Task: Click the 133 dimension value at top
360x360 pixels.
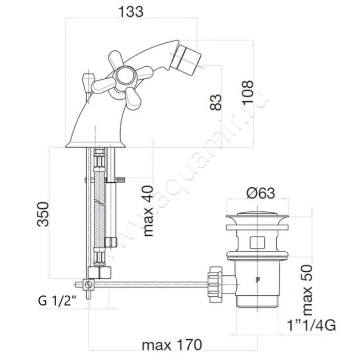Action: tap(131, 12)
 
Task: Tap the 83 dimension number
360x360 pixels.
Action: tap(216, 103)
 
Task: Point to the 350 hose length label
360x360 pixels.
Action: tap(43, 214)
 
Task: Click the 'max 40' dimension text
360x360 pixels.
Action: tap(148, 211)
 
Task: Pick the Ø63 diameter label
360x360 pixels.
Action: tap(261, 193)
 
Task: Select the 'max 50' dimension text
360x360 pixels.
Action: tap(307, 290)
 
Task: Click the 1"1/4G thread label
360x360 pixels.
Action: tap(311, 325)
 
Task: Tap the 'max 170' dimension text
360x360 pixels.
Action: tap(172, 345)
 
